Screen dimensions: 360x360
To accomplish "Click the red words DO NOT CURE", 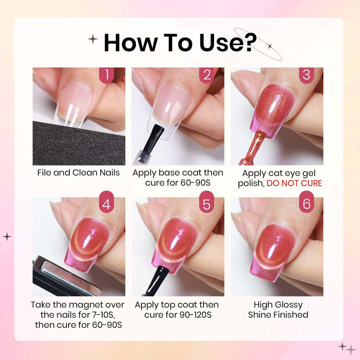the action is click(294, 183).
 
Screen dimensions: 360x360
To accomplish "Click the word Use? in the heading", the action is click(228, 43).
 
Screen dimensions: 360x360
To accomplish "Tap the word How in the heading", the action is click(130, 43).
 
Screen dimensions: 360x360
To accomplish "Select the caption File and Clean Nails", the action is click(78, 173).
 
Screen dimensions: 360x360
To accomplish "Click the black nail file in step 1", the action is click(79, 144).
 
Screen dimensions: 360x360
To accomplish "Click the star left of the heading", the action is click(93, 39).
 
